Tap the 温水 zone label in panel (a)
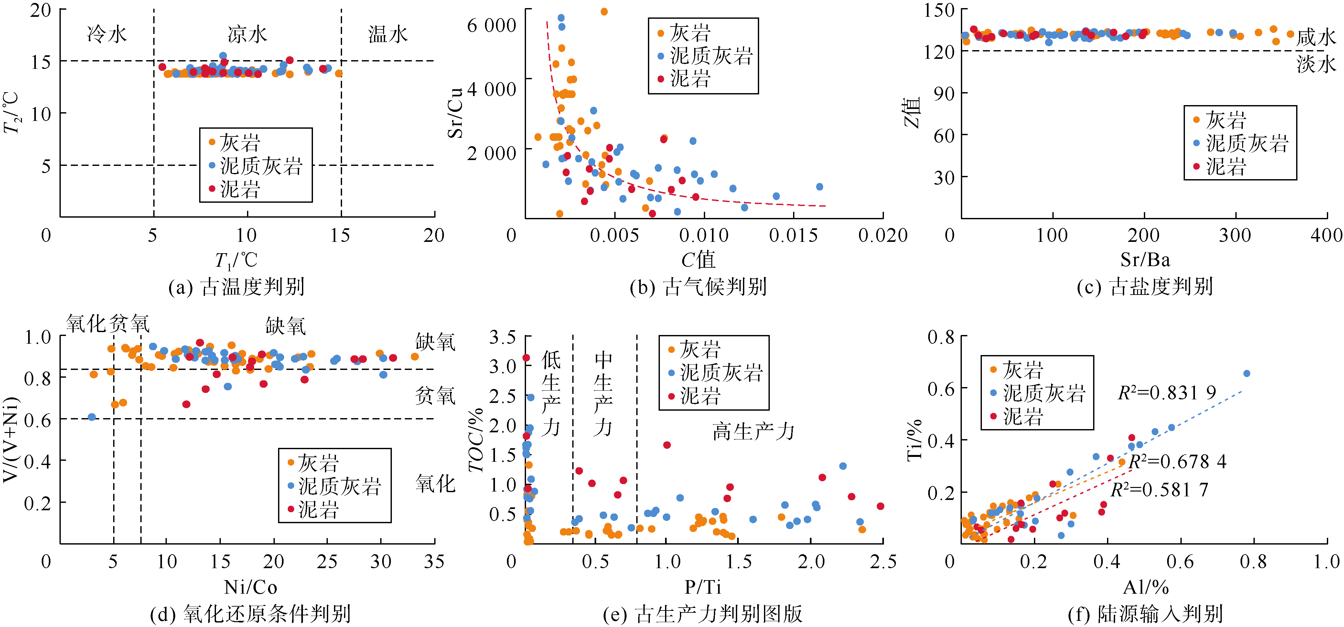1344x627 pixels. pos(388,34)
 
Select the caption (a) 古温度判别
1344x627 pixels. pos(236,287)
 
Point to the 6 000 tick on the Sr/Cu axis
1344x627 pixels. pos(491,25)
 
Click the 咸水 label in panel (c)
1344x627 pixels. pos(1316,37)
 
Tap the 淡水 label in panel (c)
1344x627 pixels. pos(1316,64)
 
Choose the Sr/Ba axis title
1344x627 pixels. pos(1145,260)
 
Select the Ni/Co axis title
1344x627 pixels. pos(251,587)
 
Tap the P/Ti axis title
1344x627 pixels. pos(703,587)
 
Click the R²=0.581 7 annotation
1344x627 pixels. pos(1159,490)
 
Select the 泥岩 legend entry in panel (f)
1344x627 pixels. pos(1023,416)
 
